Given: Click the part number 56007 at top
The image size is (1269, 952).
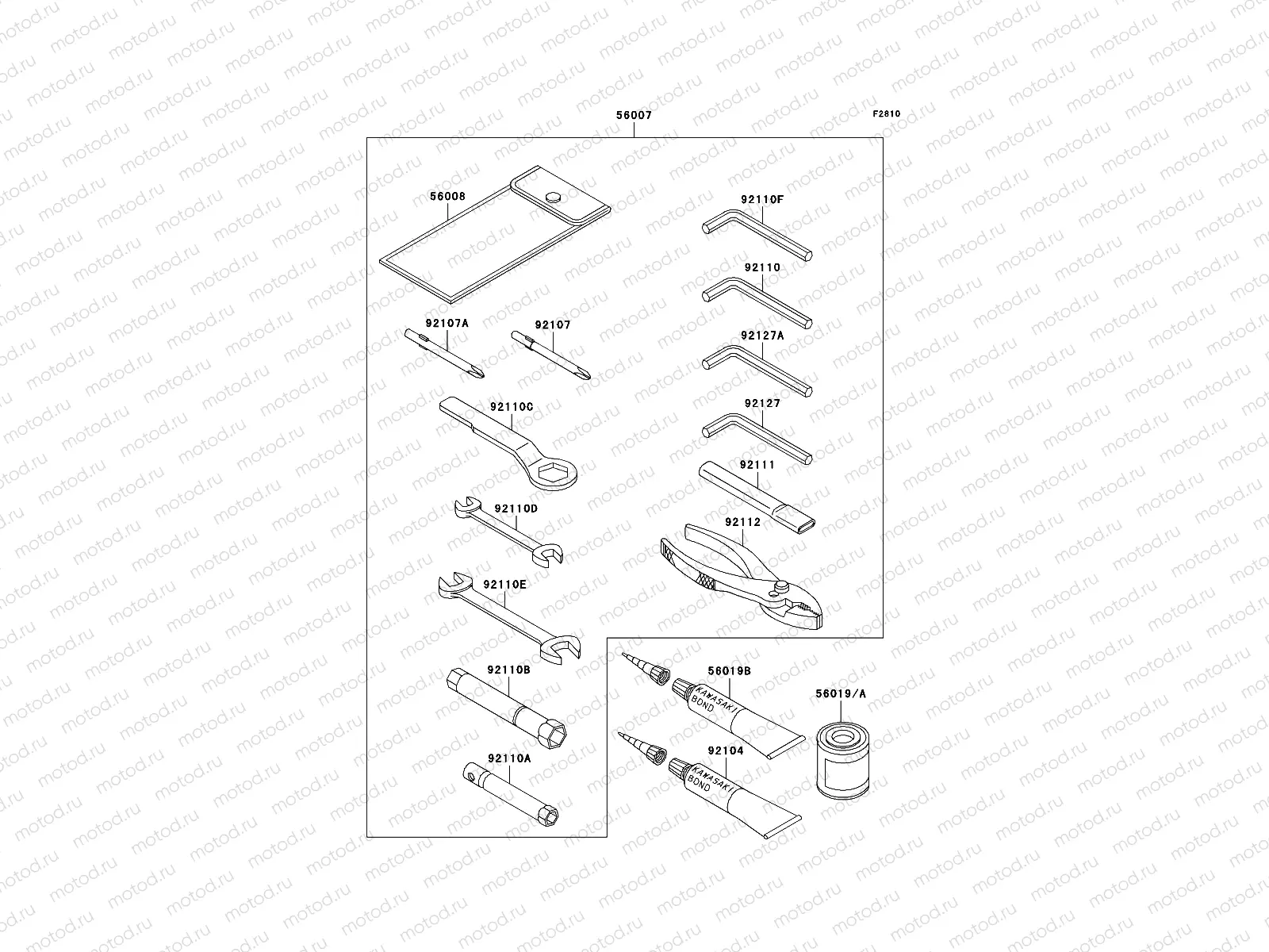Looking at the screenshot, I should coord(634,115).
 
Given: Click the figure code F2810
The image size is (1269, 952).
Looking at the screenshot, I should coord(887,113).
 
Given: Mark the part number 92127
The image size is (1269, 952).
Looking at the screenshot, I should coord(762,403).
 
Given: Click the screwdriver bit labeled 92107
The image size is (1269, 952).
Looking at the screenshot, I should coord(553,354).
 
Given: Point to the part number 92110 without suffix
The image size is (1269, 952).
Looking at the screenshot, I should coord(762,267).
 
